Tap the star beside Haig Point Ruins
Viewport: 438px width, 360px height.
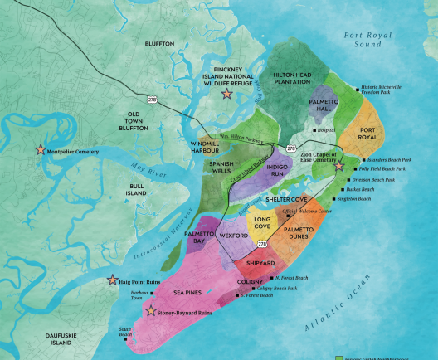click(x=114, y=281)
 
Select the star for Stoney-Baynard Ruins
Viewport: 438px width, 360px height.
click(x=150, y=312)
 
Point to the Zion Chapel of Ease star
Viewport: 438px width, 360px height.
click(x=338, y=166)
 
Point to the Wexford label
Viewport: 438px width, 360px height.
click(x=236, y=236)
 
